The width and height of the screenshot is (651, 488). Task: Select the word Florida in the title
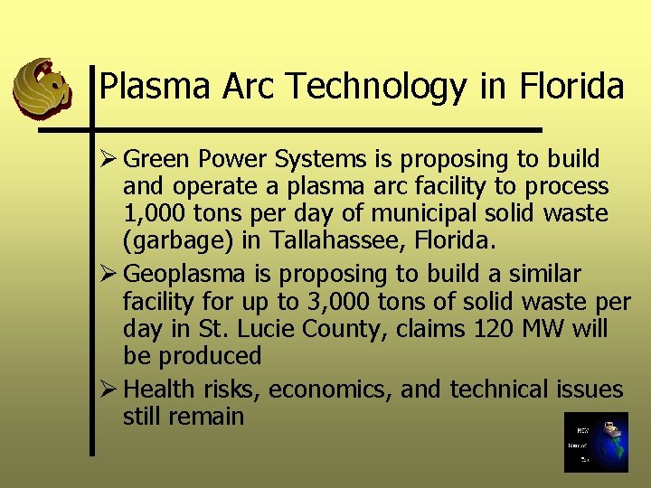click(x=571, y=88)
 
